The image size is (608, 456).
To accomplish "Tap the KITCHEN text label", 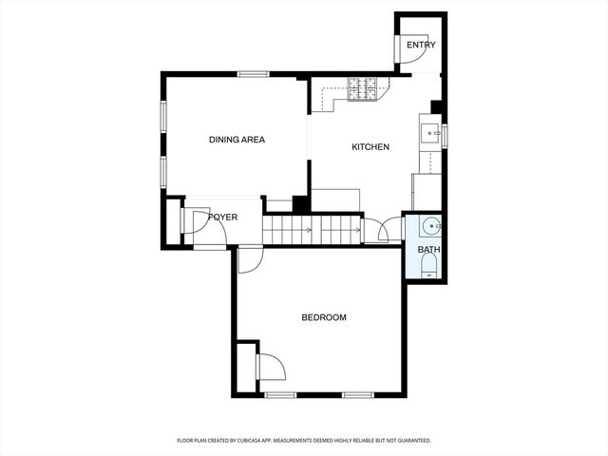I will point(370,147).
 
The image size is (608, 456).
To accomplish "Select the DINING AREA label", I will point(237,140).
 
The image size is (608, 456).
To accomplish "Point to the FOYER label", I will point(222,218).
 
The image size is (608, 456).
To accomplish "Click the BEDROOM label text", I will point(324,317).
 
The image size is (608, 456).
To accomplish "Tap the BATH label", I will point(428,250).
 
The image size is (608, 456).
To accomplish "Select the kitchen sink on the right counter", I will point(429,131).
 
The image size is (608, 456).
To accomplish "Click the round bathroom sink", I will point(430,226).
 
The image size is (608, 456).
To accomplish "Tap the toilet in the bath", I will point(428,269).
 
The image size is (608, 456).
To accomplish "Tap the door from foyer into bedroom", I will point(248,259).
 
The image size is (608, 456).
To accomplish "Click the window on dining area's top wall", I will point(253,74).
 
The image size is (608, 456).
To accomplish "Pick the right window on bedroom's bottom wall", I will point(356,394).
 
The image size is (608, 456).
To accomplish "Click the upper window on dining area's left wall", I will point(163,116).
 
